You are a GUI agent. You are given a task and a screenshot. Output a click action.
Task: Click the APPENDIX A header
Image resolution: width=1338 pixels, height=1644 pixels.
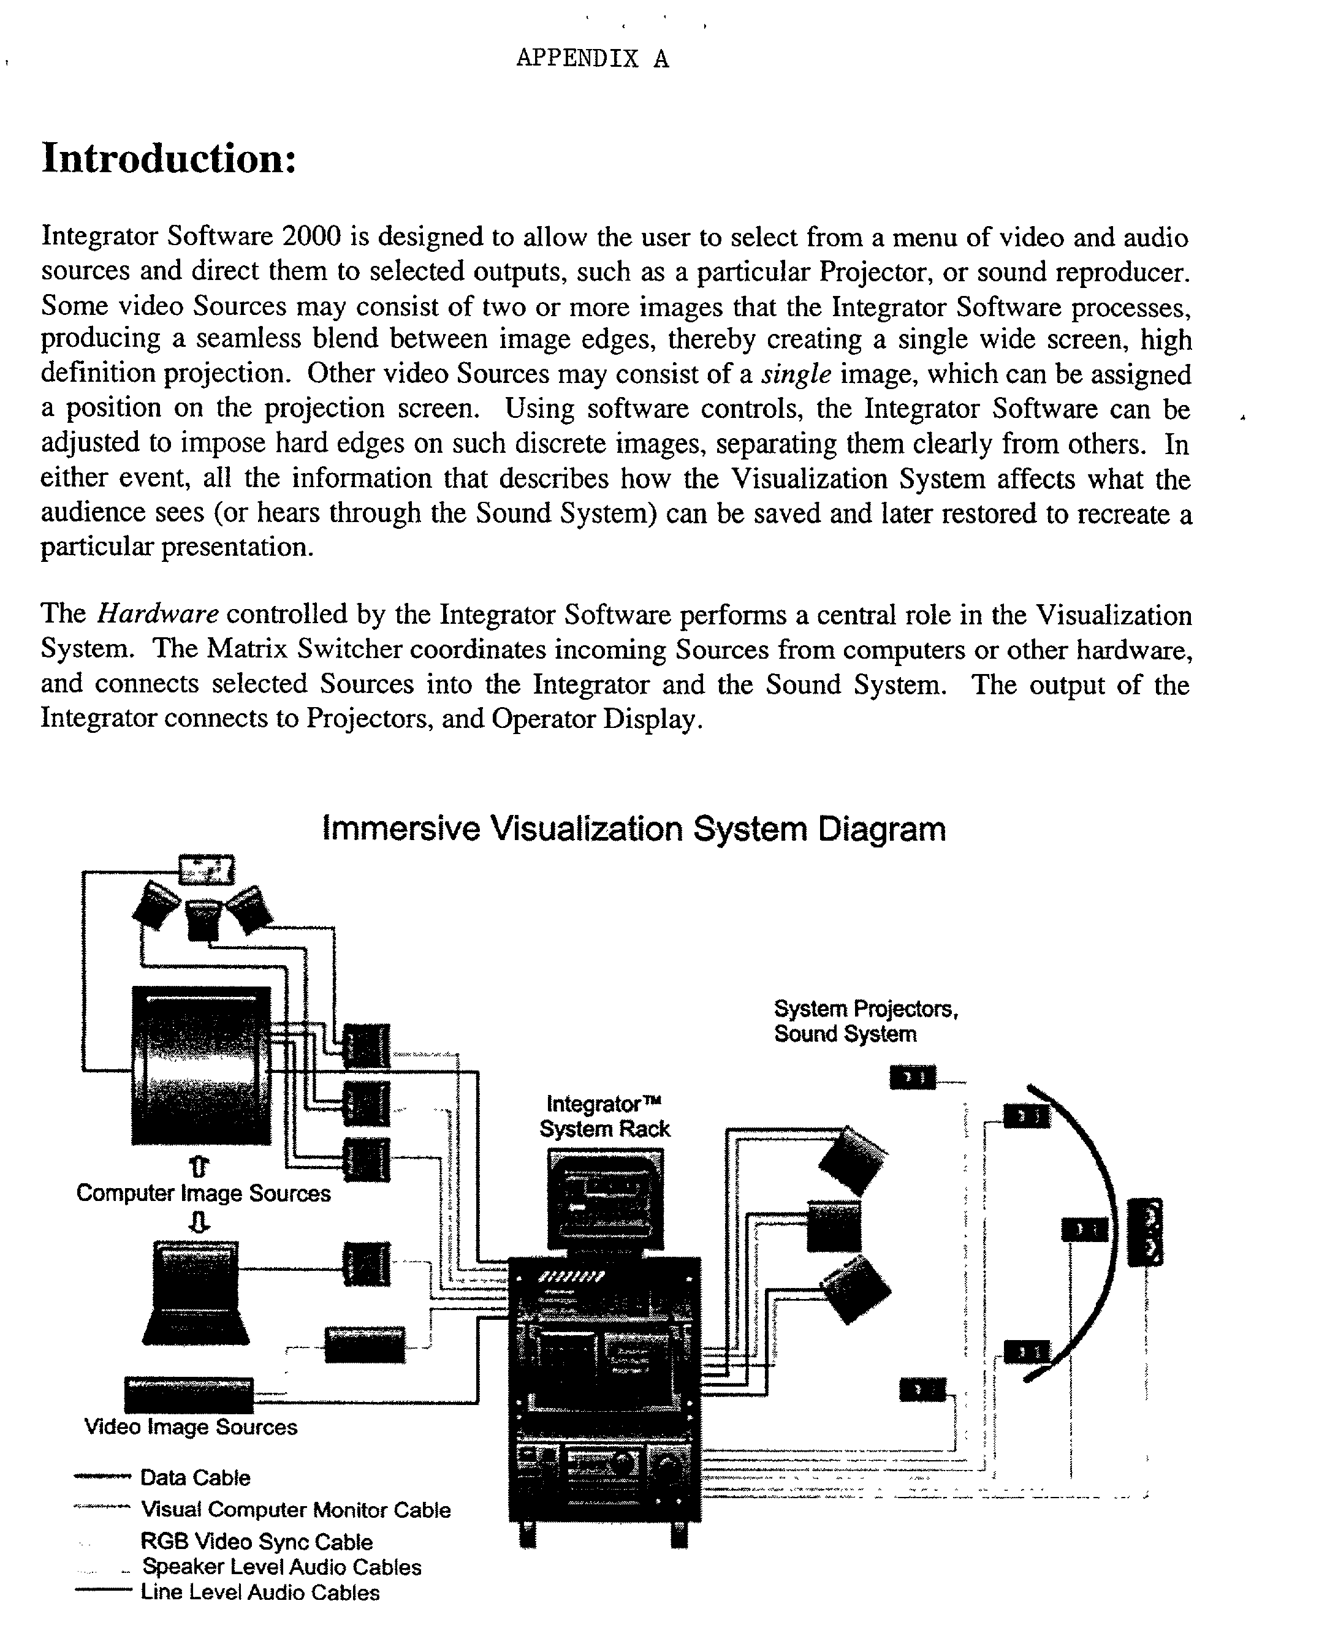click(x=592, y=59)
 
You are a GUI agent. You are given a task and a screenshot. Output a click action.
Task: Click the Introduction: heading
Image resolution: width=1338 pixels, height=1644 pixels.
click(x=169, y=159)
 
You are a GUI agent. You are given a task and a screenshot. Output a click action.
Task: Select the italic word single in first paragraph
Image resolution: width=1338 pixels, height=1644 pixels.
click(x=796, y=374)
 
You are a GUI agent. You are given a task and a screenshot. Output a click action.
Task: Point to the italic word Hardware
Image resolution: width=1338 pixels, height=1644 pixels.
click(x=158, y=614)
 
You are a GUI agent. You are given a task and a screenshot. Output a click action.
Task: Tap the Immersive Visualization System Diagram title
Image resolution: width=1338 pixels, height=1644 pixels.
click(x=633, y=829)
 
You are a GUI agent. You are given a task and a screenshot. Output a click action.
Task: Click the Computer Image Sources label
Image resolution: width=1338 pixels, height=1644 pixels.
click(x=203, y=1194)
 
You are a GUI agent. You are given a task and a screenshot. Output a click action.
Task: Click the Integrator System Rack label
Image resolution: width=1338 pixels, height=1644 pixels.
click(x=604, y=1116)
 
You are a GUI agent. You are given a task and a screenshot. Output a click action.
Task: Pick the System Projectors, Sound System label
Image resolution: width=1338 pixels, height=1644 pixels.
click(x=865, y=1021)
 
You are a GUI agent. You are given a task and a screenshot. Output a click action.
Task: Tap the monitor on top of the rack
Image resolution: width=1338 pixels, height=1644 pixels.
click(x=605, y=1199)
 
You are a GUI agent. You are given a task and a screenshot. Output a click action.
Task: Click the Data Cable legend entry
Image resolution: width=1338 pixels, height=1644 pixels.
click(x=194, y=1477)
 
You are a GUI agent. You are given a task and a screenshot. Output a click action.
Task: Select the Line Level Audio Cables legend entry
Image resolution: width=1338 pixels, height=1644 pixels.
click(x=259, y=1593)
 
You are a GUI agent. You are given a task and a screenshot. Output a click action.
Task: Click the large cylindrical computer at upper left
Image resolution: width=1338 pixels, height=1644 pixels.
click(x=201, y=1066)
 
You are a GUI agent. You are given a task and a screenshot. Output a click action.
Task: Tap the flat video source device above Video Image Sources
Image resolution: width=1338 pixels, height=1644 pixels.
click(x=189, y=1395)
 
